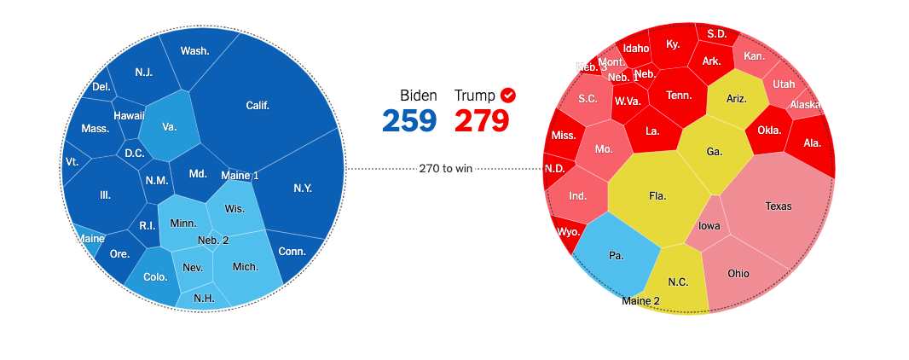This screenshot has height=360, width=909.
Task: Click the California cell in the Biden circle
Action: [258, 106]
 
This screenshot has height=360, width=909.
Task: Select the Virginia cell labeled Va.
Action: [169, 127]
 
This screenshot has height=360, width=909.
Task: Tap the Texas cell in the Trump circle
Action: [778, 206]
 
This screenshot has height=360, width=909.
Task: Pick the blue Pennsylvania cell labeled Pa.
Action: [616, 255]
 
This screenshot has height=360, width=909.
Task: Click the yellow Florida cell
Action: [657, 196]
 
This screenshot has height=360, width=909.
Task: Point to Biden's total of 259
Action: [408, 120]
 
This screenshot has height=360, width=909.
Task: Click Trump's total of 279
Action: [482, 120]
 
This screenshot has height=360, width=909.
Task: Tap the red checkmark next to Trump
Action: [508, 95]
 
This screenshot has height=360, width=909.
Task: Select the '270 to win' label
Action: [445, 168]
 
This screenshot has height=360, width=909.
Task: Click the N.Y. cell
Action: [302, 189]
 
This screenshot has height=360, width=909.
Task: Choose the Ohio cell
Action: [738, 274]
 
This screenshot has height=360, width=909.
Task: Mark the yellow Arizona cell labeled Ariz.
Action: [736, 99]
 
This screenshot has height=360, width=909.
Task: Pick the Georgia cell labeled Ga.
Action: [715, 152]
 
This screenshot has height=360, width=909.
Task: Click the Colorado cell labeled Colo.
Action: [155, 277]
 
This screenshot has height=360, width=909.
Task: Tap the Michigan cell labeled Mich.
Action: [246, 267]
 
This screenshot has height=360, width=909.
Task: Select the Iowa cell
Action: [709, 227]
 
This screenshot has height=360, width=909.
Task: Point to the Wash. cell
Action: [194, 51]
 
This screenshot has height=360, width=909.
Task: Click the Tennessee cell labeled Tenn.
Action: [679, 96]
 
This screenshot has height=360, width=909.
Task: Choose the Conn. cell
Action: [292, 252]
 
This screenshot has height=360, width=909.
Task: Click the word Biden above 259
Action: [418, 96]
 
